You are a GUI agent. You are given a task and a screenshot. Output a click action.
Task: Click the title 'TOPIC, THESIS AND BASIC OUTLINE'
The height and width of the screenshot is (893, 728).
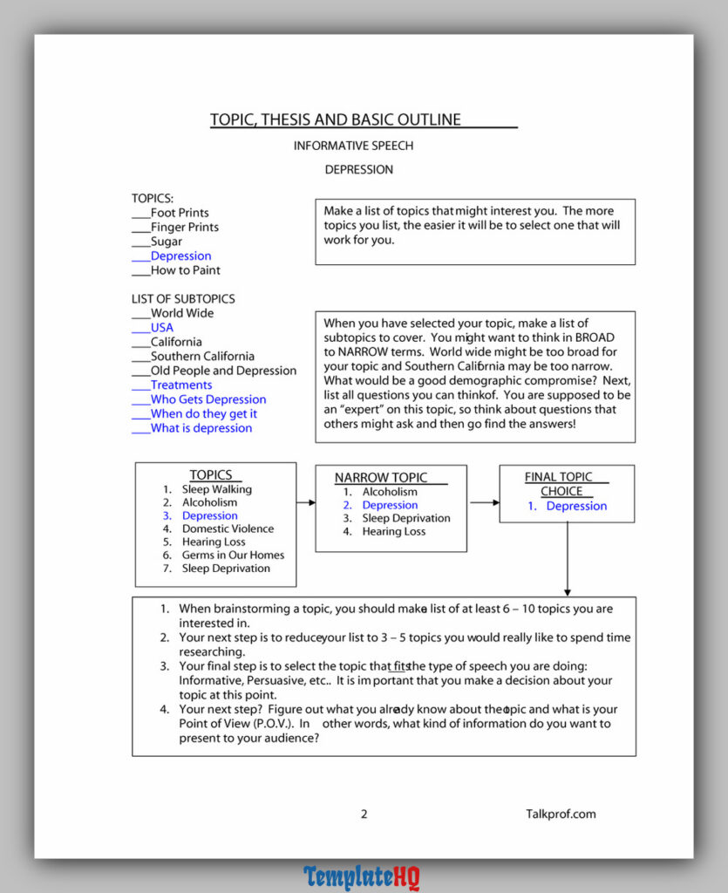(x=336, y=120)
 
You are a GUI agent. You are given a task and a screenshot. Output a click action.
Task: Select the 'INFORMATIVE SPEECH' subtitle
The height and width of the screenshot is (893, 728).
(x=353, y=146)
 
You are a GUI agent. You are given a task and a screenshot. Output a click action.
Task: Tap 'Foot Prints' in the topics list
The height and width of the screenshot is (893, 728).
(x=180, y=213)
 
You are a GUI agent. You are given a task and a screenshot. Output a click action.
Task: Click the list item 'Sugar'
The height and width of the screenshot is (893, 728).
(x=167, y=242)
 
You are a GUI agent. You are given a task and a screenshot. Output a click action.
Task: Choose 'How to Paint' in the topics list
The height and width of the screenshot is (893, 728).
(x=186, y=270)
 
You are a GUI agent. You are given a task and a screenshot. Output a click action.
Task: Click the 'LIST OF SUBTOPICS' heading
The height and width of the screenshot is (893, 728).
(x=183, y=299)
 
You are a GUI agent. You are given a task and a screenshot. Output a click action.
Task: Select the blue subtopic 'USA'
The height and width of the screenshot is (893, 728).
(x=162, y=328)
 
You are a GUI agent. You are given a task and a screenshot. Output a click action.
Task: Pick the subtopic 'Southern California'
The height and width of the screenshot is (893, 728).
(x=202, y=357)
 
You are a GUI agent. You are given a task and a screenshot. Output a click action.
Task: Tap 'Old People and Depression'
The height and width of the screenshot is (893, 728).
(x=223, y=371)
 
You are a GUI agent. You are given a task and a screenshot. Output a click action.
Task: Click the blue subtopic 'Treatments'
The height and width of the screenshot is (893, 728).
(x=181, y=385)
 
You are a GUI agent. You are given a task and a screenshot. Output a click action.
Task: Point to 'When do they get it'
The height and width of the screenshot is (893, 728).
(x=204, y=414)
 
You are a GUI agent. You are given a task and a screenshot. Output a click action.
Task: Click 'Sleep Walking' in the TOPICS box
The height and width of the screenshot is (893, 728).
(x=217, y=490)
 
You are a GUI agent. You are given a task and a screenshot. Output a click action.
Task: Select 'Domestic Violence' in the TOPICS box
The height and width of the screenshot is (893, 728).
(x=228, y=529)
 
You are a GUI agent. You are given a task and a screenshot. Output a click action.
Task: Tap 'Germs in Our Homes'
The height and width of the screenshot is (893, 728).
(x=233, y=556)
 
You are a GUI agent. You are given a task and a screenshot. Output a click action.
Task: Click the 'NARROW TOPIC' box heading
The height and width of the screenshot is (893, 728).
(x=381, y=478)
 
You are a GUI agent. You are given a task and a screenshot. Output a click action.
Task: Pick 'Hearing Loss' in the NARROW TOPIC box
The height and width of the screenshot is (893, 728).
(x=394, y=532)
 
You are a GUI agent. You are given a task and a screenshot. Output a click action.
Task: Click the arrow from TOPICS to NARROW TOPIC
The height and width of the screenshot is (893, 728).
(x=305, y=502)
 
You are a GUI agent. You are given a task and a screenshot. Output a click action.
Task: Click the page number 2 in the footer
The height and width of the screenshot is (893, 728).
(x=364, y=815)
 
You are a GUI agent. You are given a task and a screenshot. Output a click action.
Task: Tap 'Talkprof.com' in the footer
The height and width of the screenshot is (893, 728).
(x=561, y=815)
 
